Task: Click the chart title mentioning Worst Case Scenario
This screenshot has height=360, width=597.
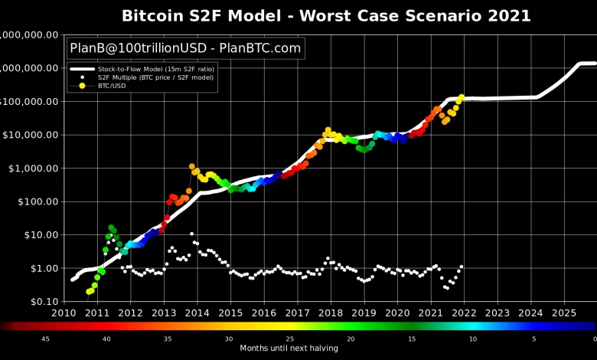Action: (326, 15)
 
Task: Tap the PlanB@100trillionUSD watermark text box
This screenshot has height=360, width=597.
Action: (186, 48)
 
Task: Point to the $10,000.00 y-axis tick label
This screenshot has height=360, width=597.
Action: (32, 135)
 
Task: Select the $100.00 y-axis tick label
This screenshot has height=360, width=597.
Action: (40, 201)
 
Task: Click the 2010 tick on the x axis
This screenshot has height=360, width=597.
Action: (64, 313)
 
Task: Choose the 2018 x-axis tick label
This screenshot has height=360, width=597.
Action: (331, 313)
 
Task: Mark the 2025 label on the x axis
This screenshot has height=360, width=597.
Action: (564, 313)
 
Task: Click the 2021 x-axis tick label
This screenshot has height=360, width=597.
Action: (431, 313)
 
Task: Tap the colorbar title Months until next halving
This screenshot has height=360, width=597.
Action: (289, 349)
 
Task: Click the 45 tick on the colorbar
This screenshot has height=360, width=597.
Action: (45, 338)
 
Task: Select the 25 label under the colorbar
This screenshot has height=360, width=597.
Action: (290, 338)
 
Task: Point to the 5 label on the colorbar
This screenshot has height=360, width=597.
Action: (534, 338)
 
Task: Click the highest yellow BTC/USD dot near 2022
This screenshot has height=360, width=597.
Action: (461, 97)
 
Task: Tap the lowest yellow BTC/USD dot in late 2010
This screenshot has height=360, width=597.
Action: (89, 292)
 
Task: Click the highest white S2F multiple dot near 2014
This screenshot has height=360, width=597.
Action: (191, 234)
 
